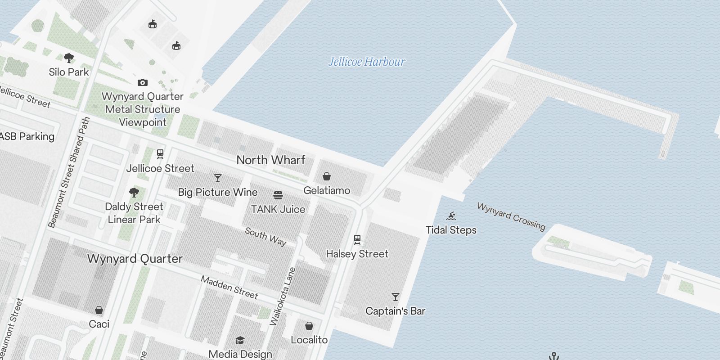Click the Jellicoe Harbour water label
367,62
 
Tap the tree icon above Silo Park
69,58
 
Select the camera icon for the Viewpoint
143,82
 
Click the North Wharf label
271,160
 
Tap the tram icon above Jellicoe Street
160,154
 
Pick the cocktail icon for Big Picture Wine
218,178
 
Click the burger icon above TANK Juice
278,195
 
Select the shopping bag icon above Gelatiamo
327,176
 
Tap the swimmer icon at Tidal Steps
451,216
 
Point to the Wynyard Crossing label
511,216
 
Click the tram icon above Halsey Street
357,239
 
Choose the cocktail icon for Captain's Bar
396,297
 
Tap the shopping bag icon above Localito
309,326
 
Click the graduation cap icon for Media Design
240,341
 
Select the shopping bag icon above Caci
99,310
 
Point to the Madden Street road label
229,288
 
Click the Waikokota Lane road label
283,297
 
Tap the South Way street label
265,237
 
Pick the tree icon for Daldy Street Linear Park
134,193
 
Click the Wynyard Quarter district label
135,259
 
